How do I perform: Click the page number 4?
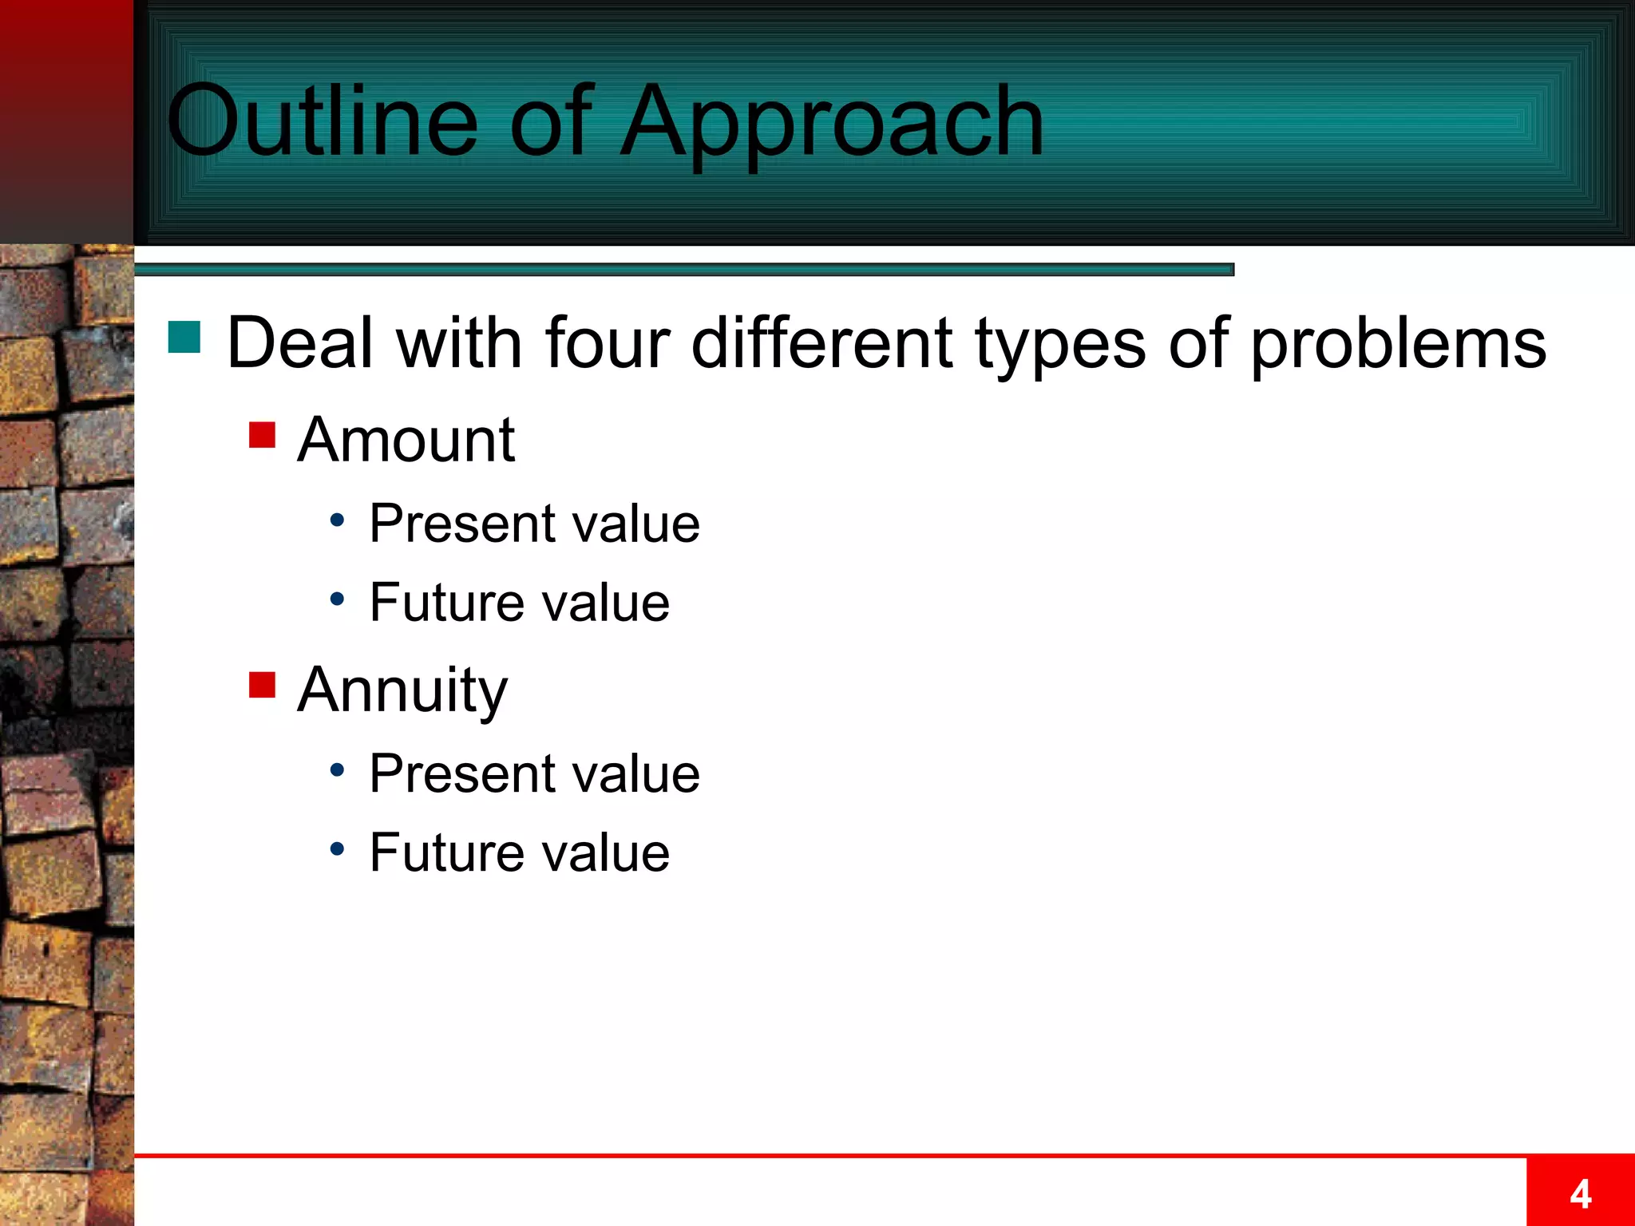click(1580, 1194)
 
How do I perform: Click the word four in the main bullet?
click(608, 343)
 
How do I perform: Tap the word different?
click(822, 343)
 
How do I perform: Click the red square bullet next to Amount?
click(262, 435)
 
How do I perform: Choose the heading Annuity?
click(402, 690)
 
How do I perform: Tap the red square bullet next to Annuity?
click(262, 685)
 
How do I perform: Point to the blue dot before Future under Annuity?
click(338, 848)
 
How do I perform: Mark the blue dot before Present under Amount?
click(338, 520)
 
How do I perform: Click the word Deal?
click(300, 343)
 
